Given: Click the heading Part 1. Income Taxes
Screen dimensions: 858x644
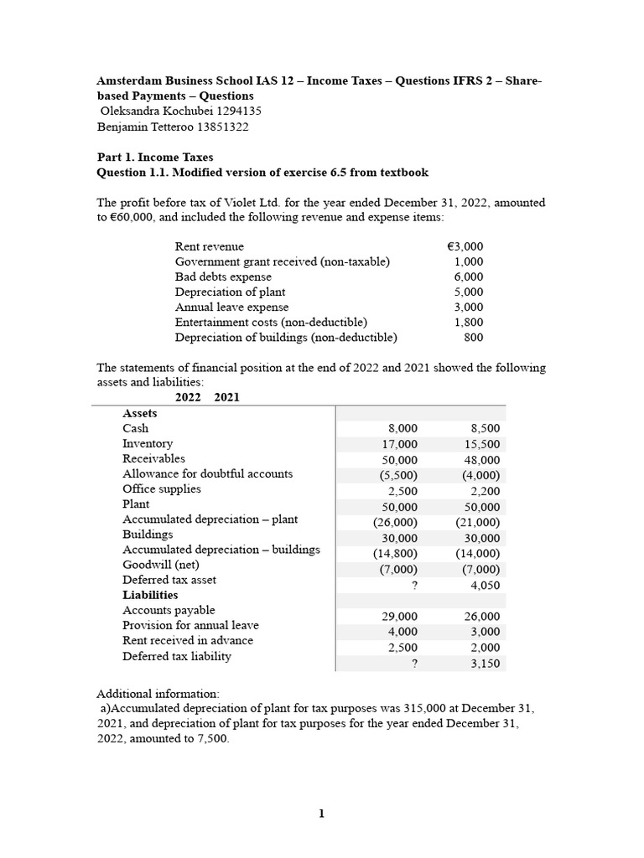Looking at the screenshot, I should [155, 157].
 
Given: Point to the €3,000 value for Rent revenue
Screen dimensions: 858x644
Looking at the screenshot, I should [465, 246].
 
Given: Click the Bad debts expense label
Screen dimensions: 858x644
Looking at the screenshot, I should [223, 277].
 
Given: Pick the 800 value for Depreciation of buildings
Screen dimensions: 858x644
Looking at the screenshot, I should [473, 338].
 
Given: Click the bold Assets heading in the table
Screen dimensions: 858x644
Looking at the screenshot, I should [140, 413].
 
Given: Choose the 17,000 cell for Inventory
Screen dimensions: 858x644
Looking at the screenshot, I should [400, 444].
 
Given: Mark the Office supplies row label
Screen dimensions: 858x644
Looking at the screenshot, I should [162, 489].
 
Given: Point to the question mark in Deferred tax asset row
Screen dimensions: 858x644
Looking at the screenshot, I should [414, 587].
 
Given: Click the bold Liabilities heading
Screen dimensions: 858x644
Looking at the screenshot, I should [150, 595].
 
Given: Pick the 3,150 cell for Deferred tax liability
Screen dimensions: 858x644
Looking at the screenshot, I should [485, 663].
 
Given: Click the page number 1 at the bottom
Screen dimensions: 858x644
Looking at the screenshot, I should [321, 814].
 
